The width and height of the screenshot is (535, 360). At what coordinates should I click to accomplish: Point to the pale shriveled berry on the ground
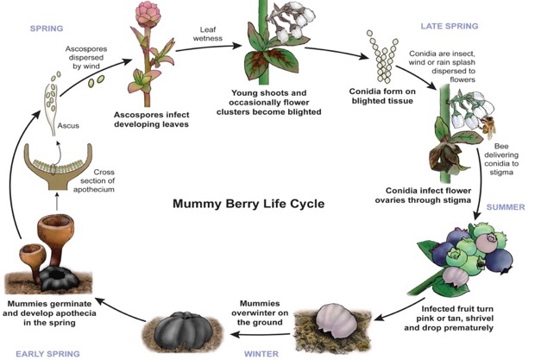334,316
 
